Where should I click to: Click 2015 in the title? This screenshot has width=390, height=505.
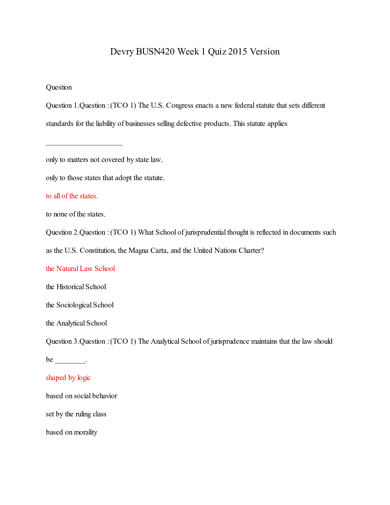[237, 52]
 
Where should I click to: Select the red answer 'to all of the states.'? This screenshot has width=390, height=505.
[72, 196]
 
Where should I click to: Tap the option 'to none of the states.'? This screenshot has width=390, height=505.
[76, 214]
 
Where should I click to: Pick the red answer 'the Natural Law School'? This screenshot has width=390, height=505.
[80, 269]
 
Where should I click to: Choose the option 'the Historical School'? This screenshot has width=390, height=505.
[76, 287]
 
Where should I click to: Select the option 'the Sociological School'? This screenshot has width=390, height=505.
[80, 305]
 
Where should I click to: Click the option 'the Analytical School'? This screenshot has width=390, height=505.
[76, 323]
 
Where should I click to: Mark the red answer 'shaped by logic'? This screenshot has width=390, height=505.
[68, 378]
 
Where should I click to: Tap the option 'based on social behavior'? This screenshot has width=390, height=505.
[82, 396]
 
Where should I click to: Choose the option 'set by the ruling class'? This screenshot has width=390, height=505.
[76, 414]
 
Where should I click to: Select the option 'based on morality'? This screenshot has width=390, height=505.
[72, 432]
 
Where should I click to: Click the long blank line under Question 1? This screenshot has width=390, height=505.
[84, 144]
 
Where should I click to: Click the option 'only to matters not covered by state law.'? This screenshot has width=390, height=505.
[104, 160]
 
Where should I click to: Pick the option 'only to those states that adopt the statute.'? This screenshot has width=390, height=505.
[105, 178]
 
